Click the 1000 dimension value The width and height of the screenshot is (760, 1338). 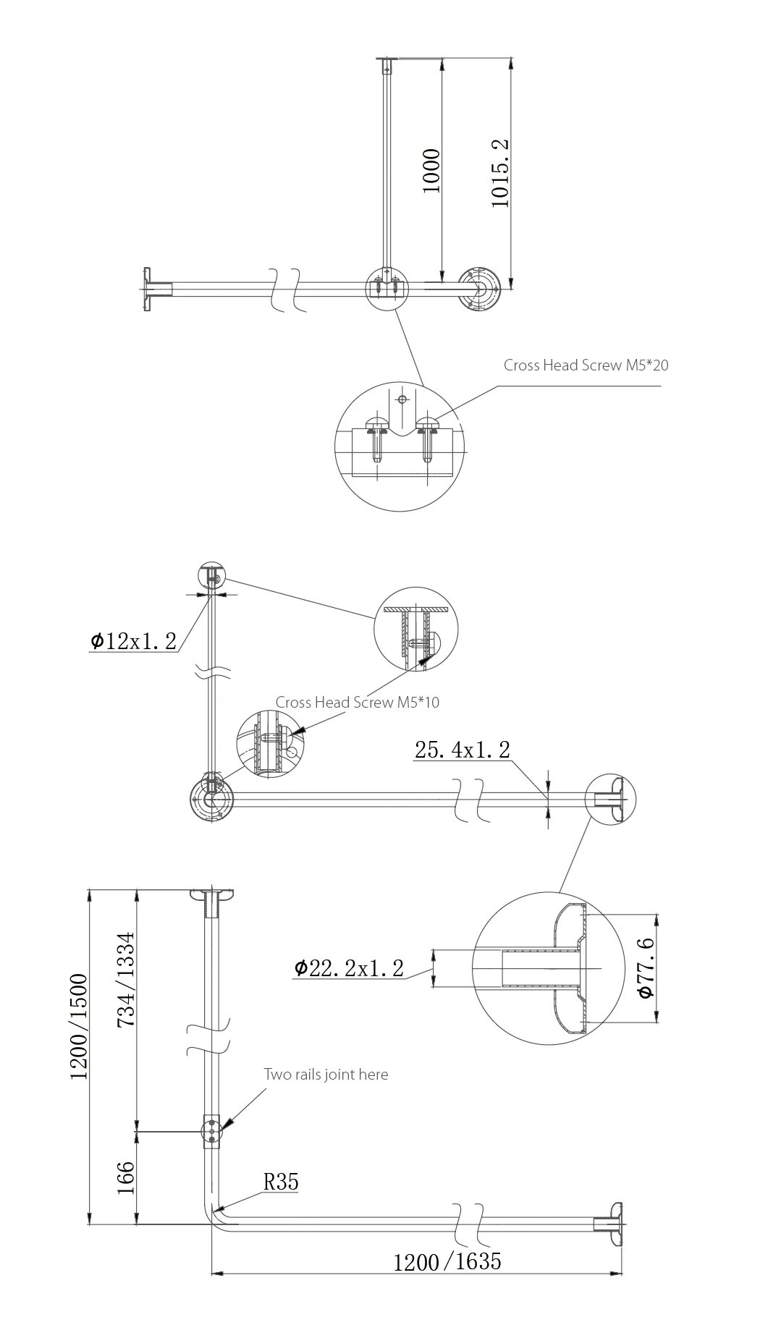coord(431,171)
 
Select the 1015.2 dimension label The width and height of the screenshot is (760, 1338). coord(501,174)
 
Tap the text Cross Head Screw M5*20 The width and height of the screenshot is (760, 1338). coord(586,365)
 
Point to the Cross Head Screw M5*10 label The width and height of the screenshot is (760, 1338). coord(357,703)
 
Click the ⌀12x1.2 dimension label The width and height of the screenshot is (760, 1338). coord(134,641)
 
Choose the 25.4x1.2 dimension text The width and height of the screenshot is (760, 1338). coord(462,750)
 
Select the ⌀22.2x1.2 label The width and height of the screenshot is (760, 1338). coord(349,968)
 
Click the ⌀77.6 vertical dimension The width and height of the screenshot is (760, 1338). coord(646,967)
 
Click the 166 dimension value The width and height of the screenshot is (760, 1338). coord(126,1178)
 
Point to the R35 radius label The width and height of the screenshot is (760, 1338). coord(281,1182)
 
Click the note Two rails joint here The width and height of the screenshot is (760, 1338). coord(326,1075)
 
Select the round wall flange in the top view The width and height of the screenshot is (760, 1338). coord(480,289)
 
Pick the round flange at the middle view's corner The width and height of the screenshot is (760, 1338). coord(211,799)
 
